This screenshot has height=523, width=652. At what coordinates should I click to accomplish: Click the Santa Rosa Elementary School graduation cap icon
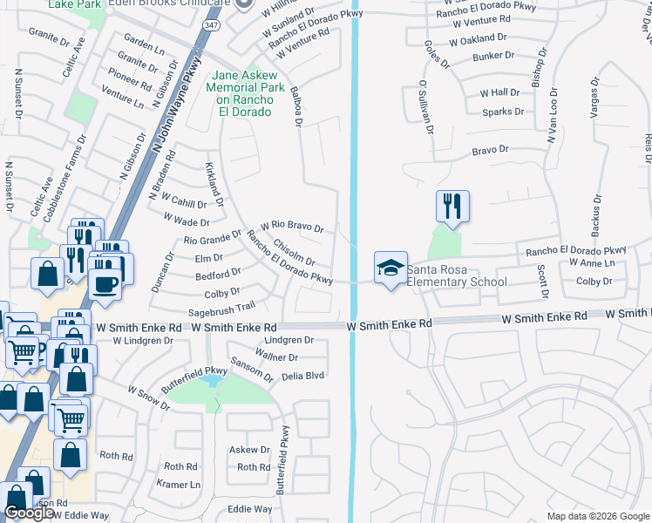point(391,267)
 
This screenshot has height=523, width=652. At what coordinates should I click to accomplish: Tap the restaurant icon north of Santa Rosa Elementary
point(452,207)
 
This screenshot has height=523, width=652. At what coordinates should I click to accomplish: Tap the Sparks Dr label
point(503,112)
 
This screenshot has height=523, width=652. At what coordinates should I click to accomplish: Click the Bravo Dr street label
point(490,150)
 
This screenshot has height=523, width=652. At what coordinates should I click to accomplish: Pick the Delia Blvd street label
point(302,377)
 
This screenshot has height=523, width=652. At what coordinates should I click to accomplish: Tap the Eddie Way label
point(249,509)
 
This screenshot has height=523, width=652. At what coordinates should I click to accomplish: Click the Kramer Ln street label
point(178,484)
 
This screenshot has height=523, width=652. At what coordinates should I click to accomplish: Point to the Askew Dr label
point(249,450)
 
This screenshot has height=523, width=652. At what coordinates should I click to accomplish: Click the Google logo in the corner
point(29,513)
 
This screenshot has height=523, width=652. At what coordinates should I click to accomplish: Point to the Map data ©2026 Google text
point(598,516)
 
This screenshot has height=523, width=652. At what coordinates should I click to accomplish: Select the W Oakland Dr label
point(478,38)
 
